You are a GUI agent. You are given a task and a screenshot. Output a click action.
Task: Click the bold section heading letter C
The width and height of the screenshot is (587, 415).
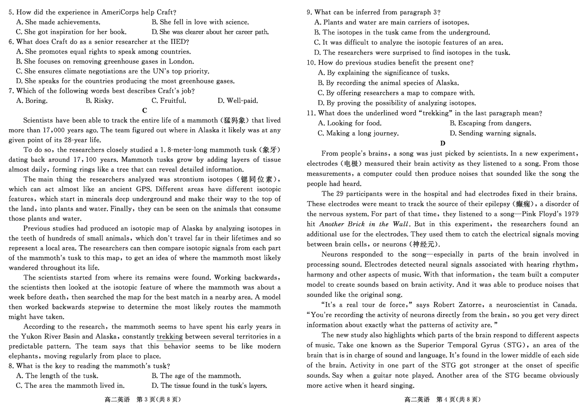tap(145, 110)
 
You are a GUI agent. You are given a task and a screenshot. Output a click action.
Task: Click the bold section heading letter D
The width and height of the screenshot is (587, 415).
tap(443, 143)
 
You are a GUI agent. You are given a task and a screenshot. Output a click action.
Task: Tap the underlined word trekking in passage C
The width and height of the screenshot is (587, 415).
tap(170, 337)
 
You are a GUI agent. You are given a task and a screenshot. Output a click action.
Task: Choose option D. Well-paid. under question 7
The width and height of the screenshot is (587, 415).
tap(237, 101)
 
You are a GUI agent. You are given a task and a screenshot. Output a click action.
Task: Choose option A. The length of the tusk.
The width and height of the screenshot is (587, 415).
tap(57, 376)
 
